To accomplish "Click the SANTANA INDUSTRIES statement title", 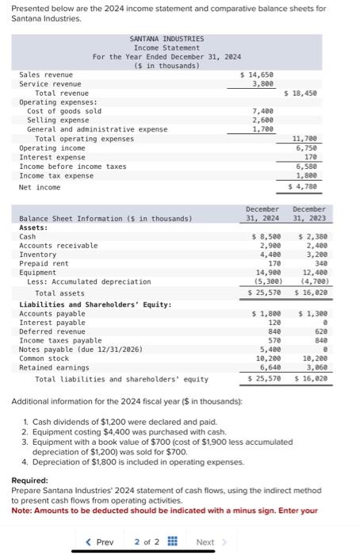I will click(166, 38).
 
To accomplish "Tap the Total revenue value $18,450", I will click(301, 93).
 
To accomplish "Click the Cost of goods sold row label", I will click(64, 111).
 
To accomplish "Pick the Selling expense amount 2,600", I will click(262, 120).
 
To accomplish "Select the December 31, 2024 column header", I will click(262, 213).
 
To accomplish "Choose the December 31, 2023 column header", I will click(309, 213).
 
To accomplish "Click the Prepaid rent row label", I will click(44, 263).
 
